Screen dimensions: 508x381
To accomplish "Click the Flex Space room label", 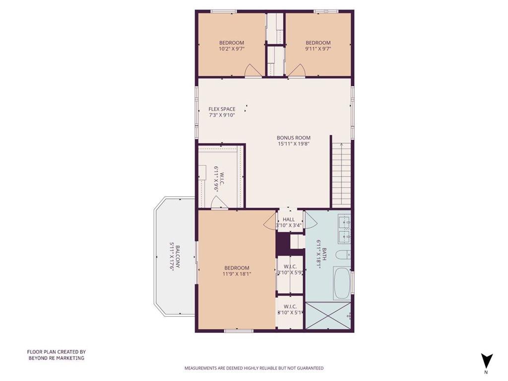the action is (222, 109).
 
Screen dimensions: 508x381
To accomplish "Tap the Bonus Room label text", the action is (294, 138).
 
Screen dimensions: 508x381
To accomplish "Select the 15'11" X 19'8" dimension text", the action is (294, 144).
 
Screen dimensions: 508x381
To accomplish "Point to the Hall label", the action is (289, 219).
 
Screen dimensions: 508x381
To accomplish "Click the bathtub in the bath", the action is (342, 283).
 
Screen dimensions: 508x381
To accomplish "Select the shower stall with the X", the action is (328, 315).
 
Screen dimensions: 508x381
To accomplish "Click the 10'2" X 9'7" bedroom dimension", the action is (231, 49).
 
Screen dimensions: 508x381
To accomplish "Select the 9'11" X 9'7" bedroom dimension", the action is (318, 49).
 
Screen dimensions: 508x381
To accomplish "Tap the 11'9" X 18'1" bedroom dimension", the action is (237, 274).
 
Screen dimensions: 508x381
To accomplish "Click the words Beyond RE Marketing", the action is (57, 358).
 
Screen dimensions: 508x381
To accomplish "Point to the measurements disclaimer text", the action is (254, 368).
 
